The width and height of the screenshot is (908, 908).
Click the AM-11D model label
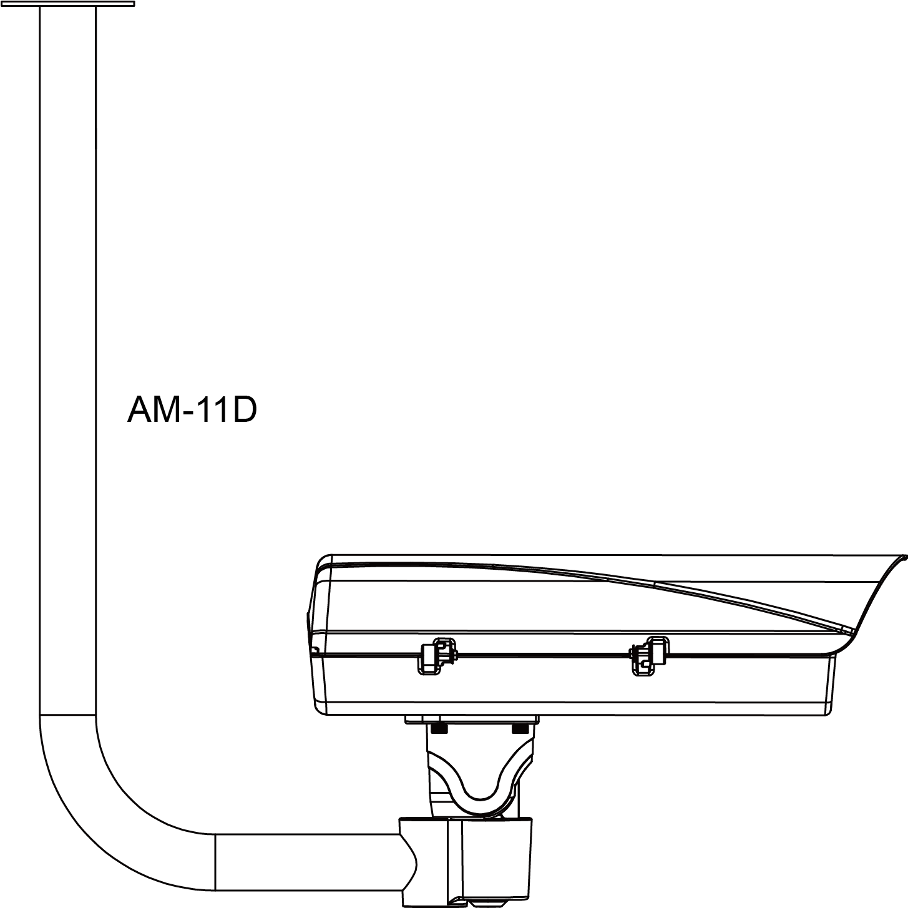(192, 410)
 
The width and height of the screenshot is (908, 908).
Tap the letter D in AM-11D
(243, 410)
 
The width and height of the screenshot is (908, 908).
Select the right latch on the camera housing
(649, 655)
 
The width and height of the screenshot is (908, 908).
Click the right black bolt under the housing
(519, 728)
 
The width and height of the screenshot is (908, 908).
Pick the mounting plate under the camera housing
(471, 719)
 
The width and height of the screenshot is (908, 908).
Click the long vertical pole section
(67, 374)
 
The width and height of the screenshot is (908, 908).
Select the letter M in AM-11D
(166, 410)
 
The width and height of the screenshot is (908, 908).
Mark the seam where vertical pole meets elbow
(67, 715)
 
